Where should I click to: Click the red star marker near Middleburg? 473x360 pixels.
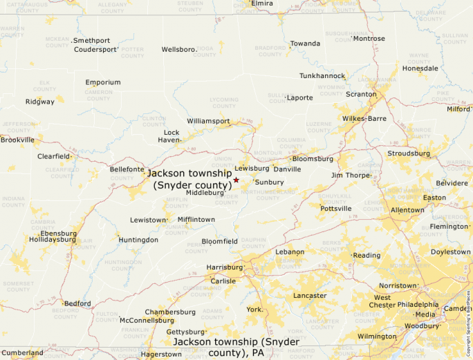236,180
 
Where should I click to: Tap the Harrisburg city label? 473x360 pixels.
225,267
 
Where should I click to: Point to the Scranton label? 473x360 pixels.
361,94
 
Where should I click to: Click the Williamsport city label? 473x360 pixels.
208,121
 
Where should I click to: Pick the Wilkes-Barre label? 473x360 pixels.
364,119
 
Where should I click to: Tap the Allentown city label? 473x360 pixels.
407,210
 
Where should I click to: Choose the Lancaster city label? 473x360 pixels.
309,296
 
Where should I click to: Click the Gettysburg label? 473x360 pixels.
185,332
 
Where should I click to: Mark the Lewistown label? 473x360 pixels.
148,220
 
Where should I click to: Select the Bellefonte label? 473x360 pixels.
127,169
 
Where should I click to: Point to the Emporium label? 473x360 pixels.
103,83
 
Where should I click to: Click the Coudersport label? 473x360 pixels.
95,50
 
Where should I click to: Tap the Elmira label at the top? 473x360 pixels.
262,3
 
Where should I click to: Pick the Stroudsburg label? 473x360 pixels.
408,153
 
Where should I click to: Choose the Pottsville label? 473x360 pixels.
335,209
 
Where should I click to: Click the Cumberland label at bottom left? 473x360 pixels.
22,353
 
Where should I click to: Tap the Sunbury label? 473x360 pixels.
269,182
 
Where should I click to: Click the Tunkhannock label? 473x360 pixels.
322,75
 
